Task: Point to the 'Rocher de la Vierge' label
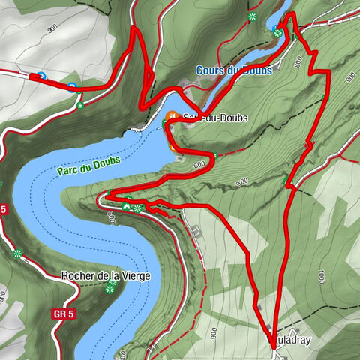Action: (105, 275)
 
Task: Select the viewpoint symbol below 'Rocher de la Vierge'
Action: (110, 287)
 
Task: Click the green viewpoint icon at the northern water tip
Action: (278, 31)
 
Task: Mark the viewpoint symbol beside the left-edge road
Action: (16, 253)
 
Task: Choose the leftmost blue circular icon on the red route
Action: (41, 76)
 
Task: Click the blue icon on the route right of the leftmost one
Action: (73, 86)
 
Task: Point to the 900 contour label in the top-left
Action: (52, 28)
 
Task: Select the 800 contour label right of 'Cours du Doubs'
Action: (298, 64)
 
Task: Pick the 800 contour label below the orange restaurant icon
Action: (199, 163)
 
